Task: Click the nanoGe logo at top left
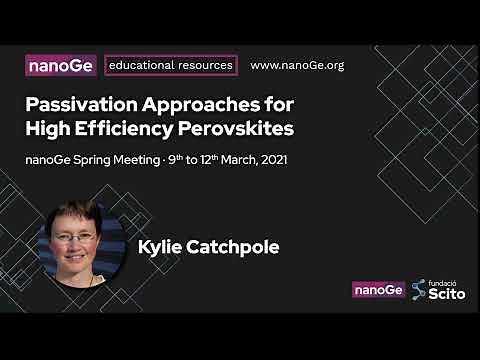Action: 62,66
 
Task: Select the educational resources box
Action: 171,66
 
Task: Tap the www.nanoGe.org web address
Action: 296,66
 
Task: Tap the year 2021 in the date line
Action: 273,159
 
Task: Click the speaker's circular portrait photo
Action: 84,245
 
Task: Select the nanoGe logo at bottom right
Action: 378,290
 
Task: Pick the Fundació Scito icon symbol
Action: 419,290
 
